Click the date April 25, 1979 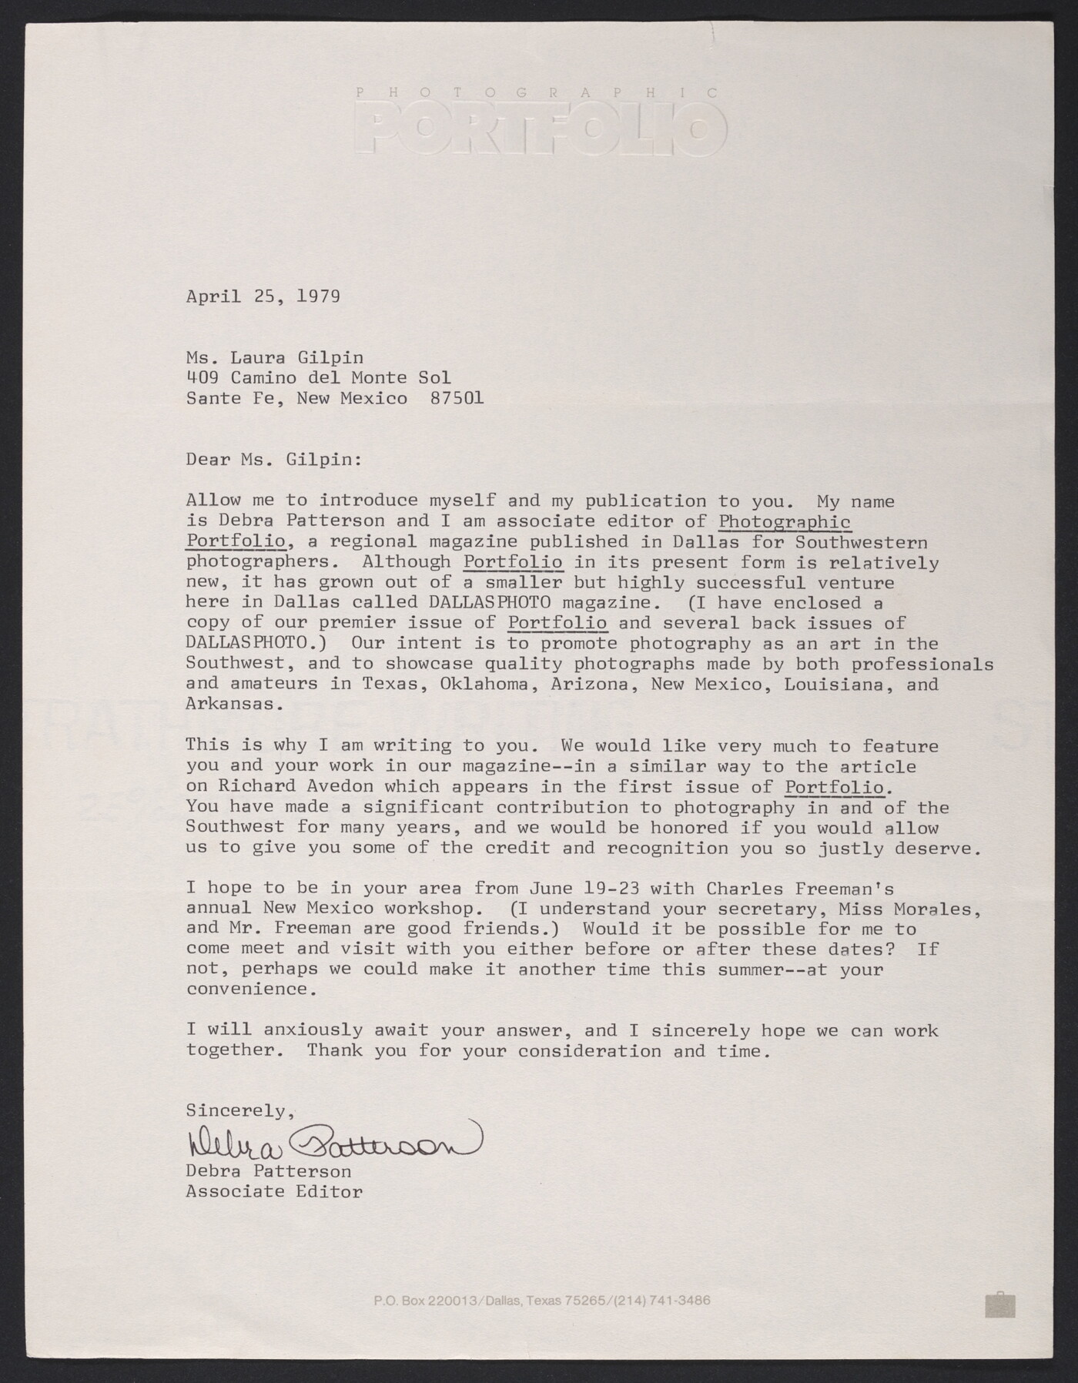point(263,296)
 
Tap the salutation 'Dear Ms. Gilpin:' point(273,460)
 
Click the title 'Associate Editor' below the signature point(273,1192)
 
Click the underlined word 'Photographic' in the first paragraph point(784,522)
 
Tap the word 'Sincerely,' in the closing point(240,1111)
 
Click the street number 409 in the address point(202,378)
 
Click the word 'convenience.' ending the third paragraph point(251,990)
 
